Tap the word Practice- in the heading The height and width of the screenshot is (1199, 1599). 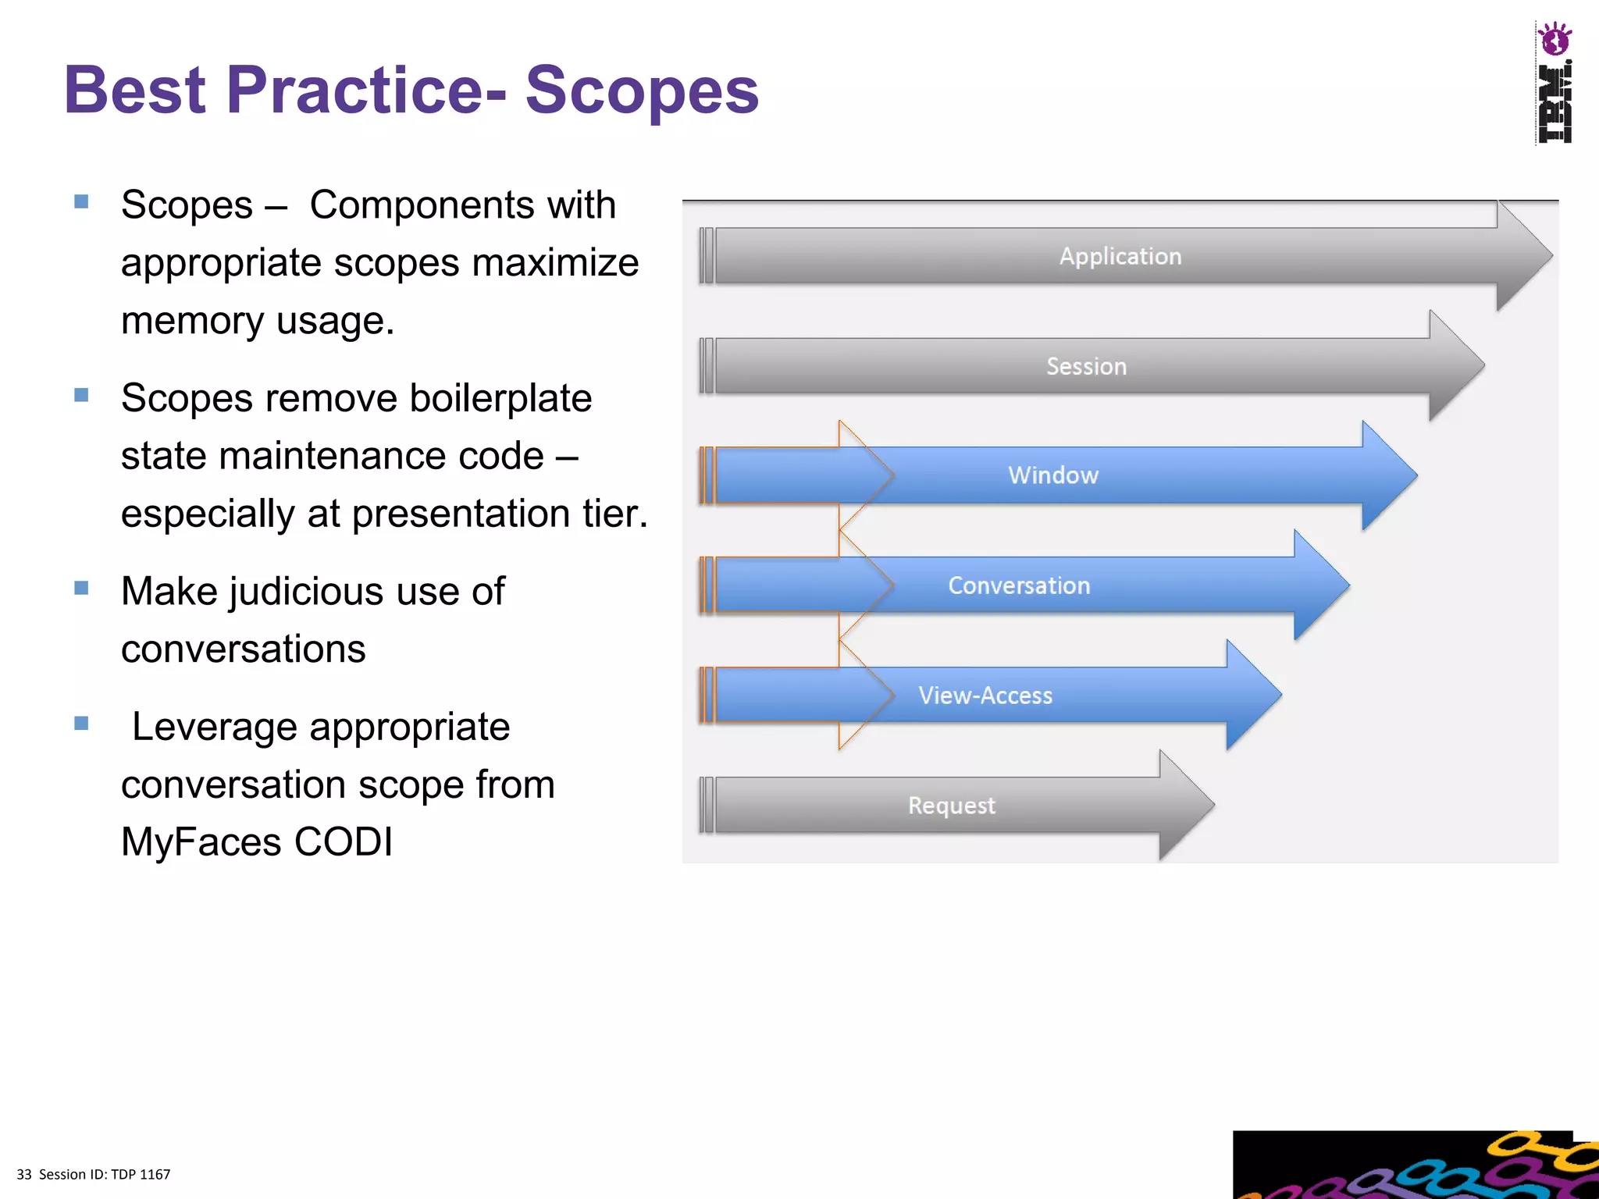(x=365, y=90)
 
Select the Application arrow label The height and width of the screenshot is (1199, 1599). (x=1120, y=256)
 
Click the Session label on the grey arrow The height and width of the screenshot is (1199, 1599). (x=1086, y=366)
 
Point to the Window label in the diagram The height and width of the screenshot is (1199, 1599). (x=1052, y=475)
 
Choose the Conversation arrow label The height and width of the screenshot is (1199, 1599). (x=1019, y=585)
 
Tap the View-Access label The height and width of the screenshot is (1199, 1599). (x=985, y=696)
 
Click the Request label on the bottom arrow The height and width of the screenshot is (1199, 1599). (x=951, y=806)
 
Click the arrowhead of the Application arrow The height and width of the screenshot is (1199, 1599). (x=1522, y=256)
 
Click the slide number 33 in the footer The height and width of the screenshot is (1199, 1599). (x=24, y=1175)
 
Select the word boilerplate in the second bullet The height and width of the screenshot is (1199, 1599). (x=500, y=398)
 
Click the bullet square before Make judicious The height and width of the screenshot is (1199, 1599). (x=81, y=588)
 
